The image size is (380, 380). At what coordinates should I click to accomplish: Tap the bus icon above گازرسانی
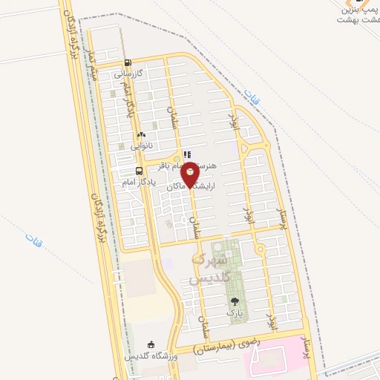[x=128, y=63]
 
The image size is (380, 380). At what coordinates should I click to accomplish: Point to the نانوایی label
[x=142, y=146]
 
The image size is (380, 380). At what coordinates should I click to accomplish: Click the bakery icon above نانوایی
[x=141, y=135]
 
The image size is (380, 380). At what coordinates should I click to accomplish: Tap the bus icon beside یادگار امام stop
[x=128, y=170]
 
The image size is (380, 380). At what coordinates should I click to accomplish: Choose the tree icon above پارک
[x=235, y=302]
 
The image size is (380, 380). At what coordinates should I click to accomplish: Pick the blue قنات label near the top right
[x=249, y=95]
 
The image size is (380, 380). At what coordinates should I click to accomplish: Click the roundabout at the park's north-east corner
[x=260, y=247]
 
